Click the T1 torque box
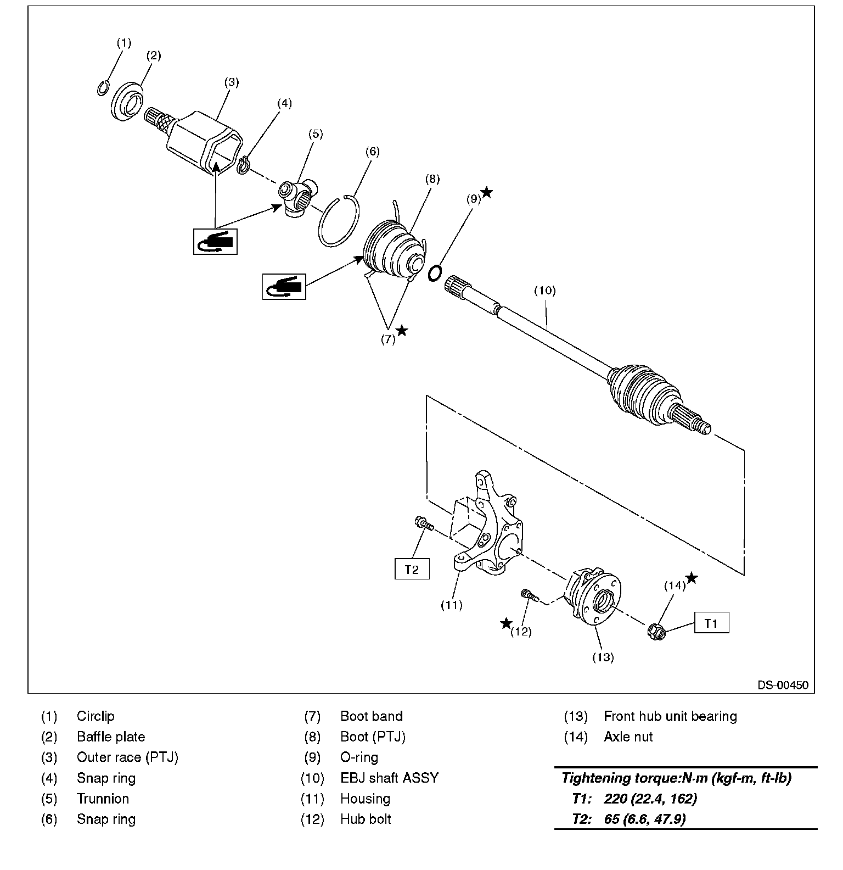[x=712, y=623]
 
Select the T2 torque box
[x=412, y=569]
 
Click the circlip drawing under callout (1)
[x=103, y=87]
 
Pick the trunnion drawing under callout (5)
[x=297, y=198]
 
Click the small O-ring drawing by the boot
[x=435, y=272]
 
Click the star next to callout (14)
[x=692, y=577]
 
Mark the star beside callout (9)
[x=487, y=192]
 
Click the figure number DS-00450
[x=783, y=685]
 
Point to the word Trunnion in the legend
[x=103, y=799]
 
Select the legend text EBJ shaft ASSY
[x=390, y=778]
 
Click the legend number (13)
[x=576, y=716]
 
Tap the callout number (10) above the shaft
[x=545, y=291]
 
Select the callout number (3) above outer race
[x=232, y=82]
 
